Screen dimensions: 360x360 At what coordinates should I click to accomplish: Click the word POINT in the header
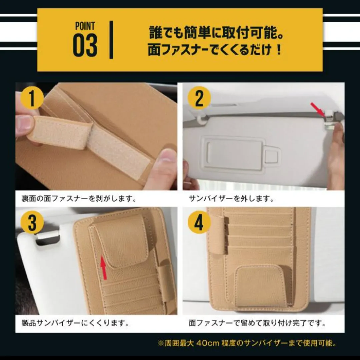point(85,26)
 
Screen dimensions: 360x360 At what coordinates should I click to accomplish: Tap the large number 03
point(85,45)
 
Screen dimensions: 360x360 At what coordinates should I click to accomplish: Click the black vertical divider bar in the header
point(111,40)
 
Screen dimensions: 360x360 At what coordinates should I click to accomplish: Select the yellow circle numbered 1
point(32,98)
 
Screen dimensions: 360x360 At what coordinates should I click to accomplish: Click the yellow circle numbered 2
point(199,98)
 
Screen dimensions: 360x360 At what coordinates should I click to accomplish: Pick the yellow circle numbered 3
point(32,222)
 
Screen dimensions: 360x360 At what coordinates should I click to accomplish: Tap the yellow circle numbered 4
point(199,222)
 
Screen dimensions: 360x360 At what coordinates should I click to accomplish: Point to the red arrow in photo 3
point(104,268)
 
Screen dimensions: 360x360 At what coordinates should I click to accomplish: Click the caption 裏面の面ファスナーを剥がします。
point(79,198)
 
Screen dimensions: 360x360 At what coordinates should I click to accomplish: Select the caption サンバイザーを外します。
point(231,198)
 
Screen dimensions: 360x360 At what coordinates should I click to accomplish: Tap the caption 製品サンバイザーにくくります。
point(76,323)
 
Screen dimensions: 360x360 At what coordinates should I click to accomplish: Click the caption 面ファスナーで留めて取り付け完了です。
point(257,323)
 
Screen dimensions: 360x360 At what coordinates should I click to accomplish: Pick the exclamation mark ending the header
point(279,50)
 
